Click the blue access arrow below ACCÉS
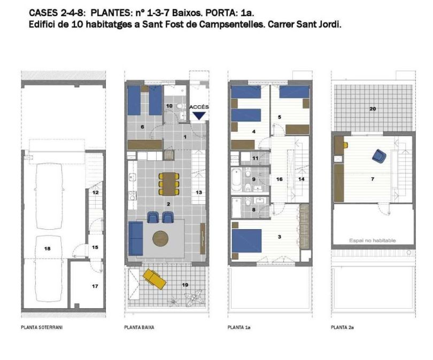[199, 115]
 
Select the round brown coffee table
[160, 238]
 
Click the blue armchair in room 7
[379, 155]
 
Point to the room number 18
[47, 249]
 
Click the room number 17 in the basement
[95, 286]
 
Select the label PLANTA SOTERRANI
[42, 327]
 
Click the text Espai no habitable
[373, 240]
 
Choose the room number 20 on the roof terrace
[373, 109]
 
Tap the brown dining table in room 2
[168, 183]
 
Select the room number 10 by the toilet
[169, 106]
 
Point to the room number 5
[279, 116]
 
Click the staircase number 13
[198, 192]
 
